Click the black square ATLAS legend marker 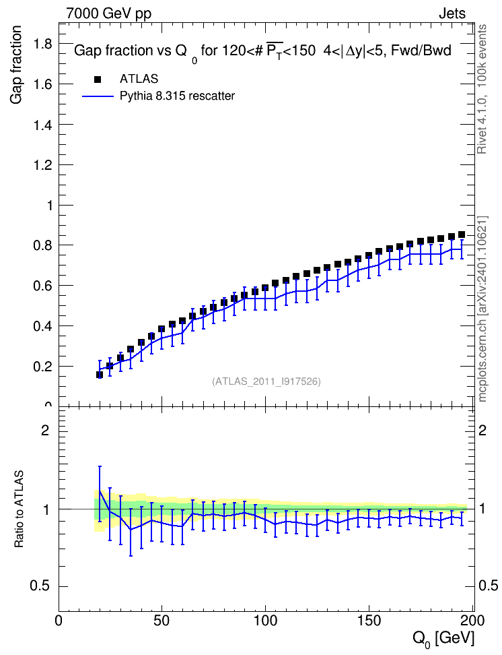pos(98,79)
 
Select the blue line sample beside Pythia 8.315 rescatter pos(98,96)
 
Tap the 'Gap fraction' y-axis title pos(15,65)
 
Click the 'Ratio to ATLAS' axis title pos(19,509)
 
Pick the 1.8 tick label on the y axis pos(42,43)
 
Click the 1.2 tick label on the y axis pos(42,165)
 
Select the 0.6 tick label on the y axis pos(42,286)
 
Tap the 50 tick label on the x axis pos(162,621)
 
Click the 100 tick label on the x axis pos(265,621)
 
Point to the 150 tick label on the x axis pos(369,621)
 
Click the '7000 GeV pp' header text pos(108,13)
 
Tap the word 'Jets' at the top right pos(452,13)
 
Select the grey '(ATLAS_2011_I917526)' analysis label pos(266,381)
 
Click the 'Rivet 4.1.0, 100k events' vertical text pos(482,89)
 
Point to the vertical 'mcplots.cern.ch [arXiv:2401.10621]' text pos(482,309)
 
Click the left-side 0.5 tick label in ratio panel pos(40,586)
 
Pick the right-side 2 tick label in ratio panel pos(482,430)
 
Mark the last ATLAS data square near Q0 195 pos(462,235)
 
